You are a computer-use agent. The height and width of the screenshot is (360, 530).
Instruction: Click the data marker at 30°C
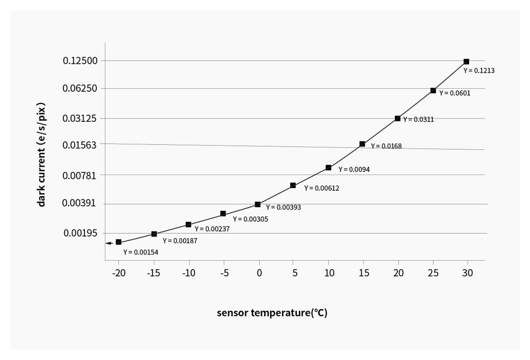click(466, 62)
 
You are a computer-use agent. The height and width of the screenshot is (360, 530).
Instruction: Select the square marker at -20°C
click(118, 242)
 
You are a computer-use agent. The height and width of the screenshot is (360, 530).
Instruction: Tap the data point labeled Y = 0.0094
click(329, 168)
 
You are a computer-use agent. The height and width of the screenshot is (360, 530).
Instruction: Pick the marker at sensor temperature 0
click(258, 204)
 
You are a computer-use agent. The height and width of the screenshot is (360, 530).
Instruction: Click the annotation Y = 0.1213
click(479, 71)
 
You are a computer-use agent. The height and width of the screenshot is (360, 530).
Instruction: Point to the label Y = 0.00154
click(141, 252)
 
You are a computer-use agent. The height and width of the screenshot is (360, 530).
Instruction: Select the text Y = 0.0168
click(386, 146)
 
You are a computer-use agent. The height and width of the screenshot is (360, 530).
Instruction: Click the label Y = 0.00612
click(322, 188)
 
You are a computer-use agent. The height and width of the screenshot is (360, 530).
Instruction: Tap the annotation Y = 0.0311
click(418, 120)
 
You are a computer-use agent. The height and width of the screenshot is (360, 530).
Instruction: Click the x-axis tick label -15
click(153, 273)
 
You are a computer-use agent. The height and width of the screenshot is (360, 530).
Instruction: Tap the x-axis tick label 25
click(433, 273)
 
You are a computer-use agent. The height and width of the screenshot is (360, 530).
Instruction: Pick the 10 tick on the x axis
click(329, 273)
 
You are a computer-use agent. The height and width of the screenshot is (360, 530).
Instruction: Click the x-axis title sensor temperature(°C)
click(272, 313)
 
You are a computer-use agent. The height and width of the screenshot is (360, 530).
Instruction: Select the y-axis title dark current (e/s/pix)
click(42, 155)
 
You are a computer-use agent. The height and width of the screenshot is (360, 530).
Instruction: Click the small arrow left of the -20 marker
click(109, 243)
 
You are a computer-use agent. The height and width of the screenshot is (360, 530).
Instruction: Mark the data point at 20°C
click(397, 118)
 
